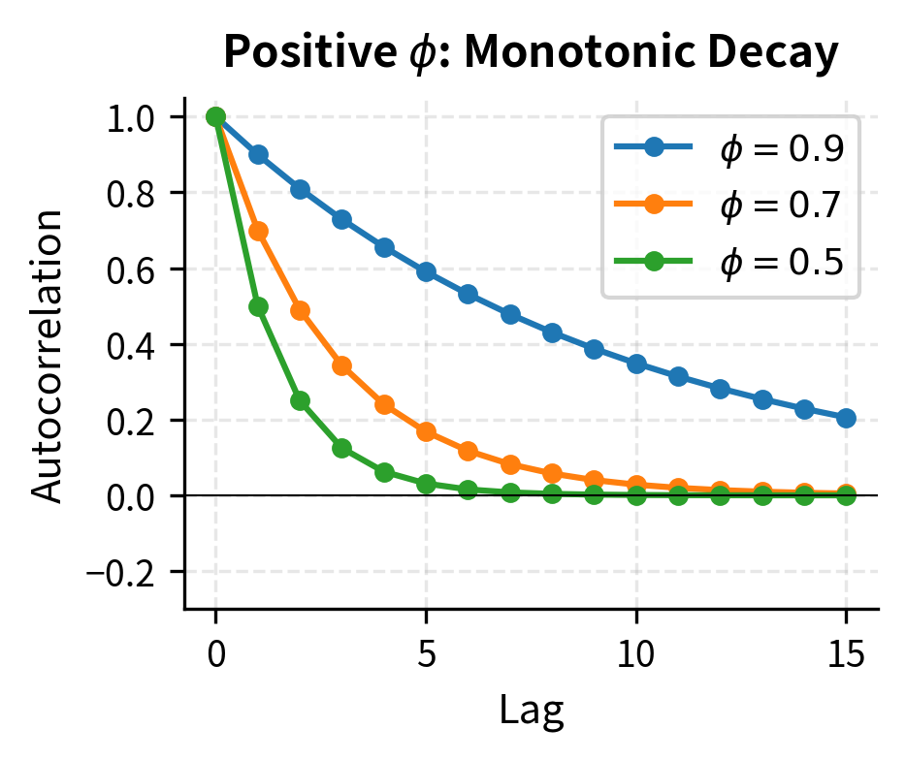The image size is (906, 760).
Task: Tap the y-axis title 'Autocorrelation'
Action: pos(48,354)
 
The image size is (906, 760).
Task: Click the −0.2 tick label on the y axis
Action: pos(135,572)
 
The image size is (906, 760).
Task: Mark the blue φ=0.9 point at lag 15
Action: pos(846,418)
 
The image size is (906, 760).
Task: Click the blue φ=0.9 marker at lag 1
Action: pos(258,155)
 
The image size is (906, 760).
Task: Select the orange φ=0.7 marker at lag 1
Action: pos(258,231)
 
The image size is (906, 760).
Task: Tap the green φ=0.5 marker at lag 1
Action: pos(258,306)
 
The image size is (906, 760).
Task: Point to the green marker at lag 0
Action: pos(216,117)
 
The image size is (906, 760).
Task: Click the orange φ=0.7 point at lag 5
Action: pos(426,431)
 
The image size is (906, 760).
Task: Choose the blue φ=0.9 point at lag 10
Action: pos(636,364)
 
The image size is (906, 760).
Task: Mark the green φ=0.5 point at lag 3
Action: pos(341,448)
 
